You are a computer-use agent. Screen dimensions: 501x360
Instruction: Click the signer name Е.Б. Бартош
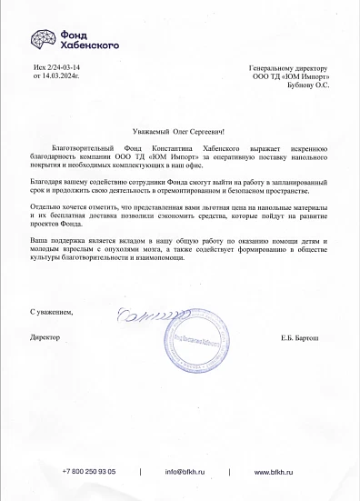click(305, 337)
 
